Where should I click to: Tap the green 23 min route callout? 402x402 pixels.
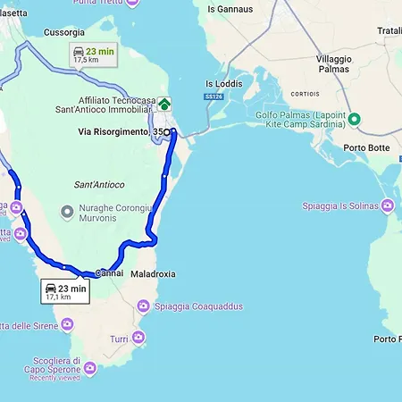(92, 55)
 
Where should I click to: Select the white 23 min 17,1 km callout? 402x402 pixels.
(64, 291)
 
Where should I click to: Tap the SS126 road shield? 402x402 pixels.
(213, 96)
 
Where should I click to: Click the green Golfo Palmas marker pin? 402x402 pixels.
(354, 120)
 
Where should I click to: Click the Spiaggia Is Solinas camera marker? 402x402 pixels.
(387, 206)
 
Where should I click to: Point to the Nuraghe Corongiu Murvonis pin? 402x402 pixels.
(65, 212)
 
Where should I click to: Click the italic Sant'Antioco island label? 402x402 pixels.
(98, 184)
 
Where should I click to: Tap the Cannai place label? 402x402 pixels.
(108, 272)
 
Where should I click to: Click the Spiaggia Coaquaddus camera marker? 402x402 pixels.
(143, 306)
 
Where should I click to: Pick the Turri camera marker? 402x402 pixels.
(138, 338)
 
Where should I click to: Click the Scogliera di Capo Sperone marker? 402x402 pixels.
(89, 368)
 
